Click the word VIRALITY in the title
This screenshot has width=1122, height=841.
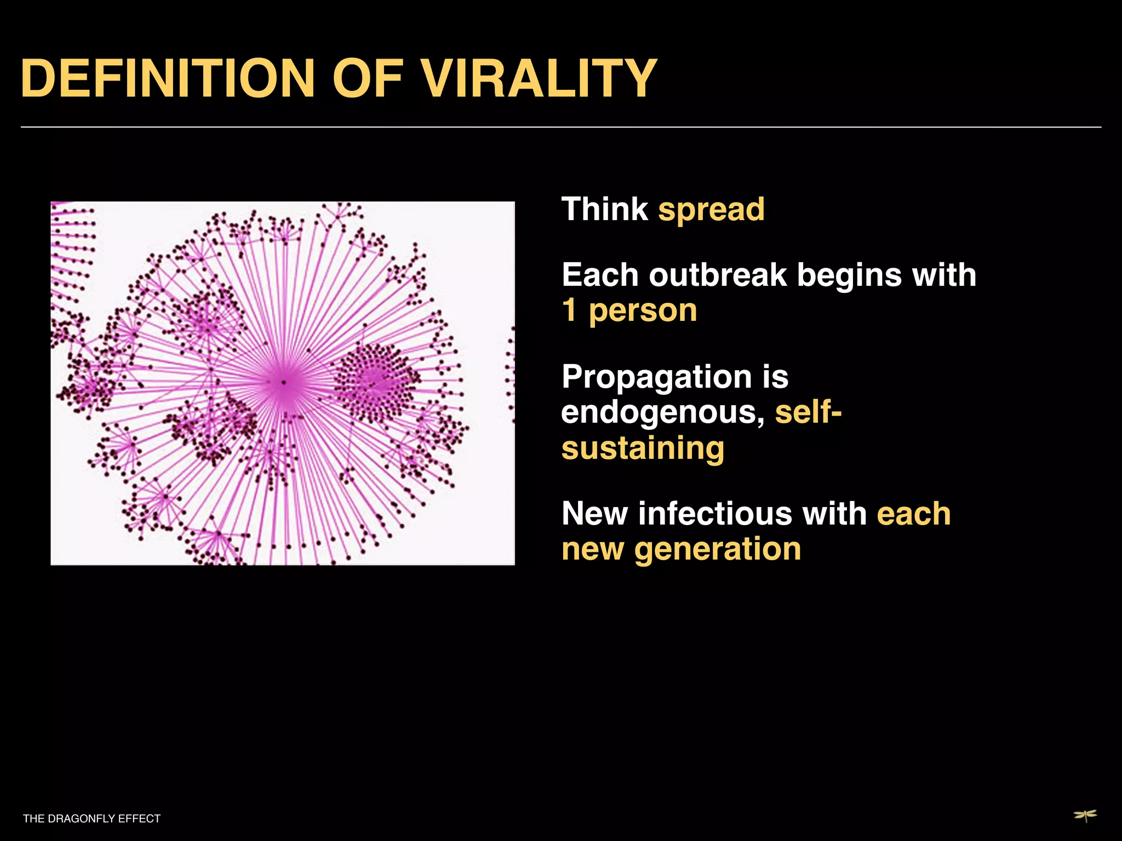coord(539,79)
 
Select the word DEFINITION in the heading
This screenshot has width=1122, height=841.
coord(167,79)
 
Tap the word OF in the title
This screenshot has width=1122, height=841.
coord(367,79)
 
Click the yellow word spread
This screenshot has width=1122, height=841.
coord(711,210)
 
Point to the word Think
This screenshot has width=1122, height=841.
coord(604,210)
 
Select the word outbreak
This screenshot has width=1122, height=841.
coord(718,275)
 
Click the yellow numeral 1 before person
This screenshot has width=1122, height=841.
coord(570,310)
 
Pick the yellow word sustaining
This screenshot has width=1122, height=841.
coord(643,450)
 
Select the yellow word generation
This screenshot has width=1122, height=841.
coord(717,550)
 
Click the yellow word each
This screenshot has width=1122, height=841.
coord(913,514)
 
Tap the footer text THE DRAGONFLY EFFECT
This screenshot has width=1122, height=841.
coord(91,819)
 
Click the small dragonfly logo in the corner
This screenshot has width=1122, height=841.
coord(1085,816)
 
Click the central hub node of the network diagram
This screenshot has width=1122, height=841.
coord(283,382)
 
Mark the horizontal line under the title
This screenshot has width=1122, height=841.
coord(561,127)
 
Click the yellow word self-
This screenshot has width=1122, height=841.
coord(808,412)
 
